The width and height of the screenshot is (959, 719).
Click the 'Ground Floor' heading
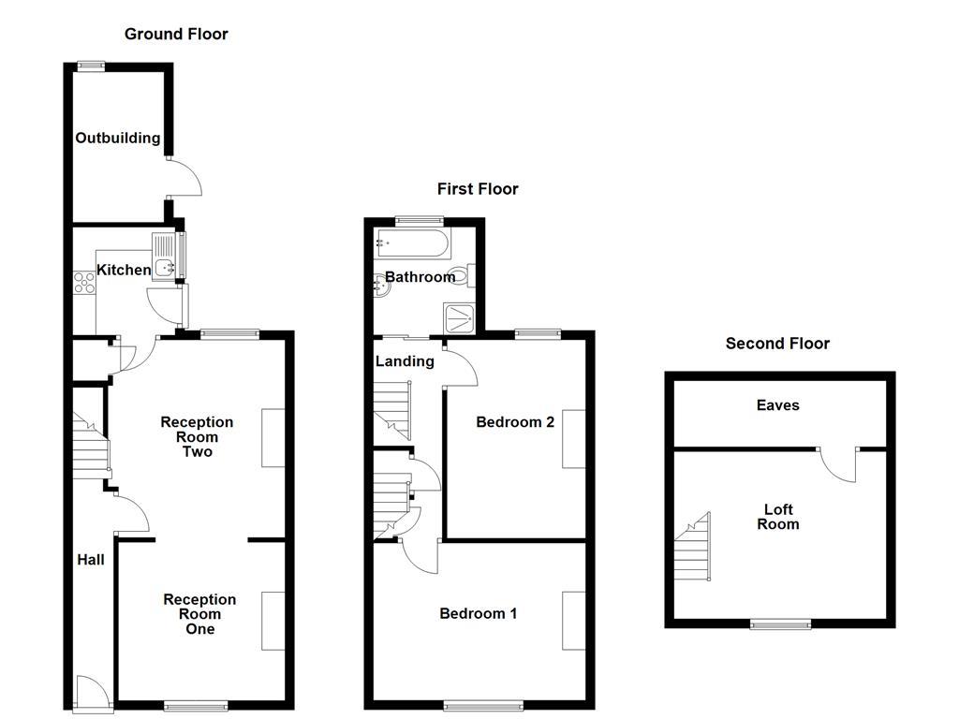coord(176,35)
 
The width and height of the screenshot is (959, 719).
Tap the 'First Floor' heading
coord(478,189)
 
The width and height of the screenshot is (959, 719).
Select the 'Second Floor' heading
coord(777,344)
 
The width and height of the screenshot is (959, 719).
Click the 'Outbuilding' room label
coord(118,139)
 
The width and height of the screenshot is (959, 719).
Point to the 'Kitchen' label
coord(125,271)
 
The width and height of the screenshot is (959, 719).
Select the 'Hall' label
coord(91,560)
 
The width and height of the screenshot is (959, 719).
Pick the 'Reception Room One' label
coord(199,614)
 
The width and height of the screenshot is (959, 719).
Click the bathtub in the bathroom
coord(412,244)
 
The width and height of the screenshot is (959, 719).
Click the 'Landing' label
coord(405,361)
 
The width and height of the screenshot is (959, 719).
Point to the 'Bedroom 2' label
coord(515,422)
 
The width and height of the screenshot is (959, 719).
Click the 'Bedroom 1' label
coord(479,614)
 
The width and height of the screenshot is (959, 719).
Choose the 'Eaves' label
coord(778,405)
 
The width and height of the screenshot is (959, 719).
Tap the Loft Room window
coord(780,624)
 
